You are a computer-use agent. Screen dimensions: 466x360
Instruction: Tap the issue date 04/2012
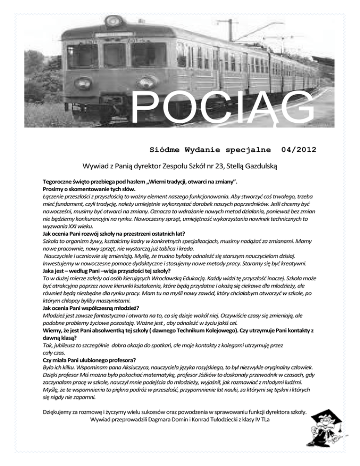pyautogui.click(x=299, y=150)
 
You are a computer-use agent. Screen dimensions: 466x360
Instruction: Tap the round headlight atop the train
pyautogui.click(x=112, y=21)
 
